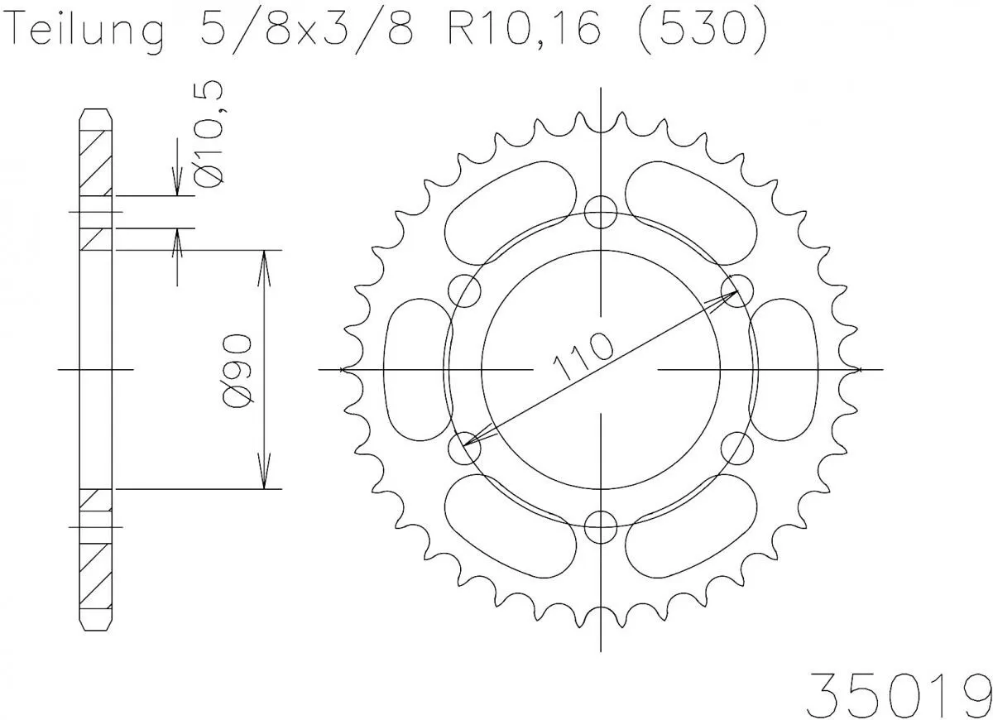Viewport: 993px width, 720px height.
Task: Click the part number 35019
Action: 898,686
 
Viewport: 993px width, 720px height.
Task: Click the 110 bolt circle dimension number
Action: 583,357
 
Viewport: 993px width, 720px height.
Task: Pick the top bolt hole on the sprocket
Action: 601,212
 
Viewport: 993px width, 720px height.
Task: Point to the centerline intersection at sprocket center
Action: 601,369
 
